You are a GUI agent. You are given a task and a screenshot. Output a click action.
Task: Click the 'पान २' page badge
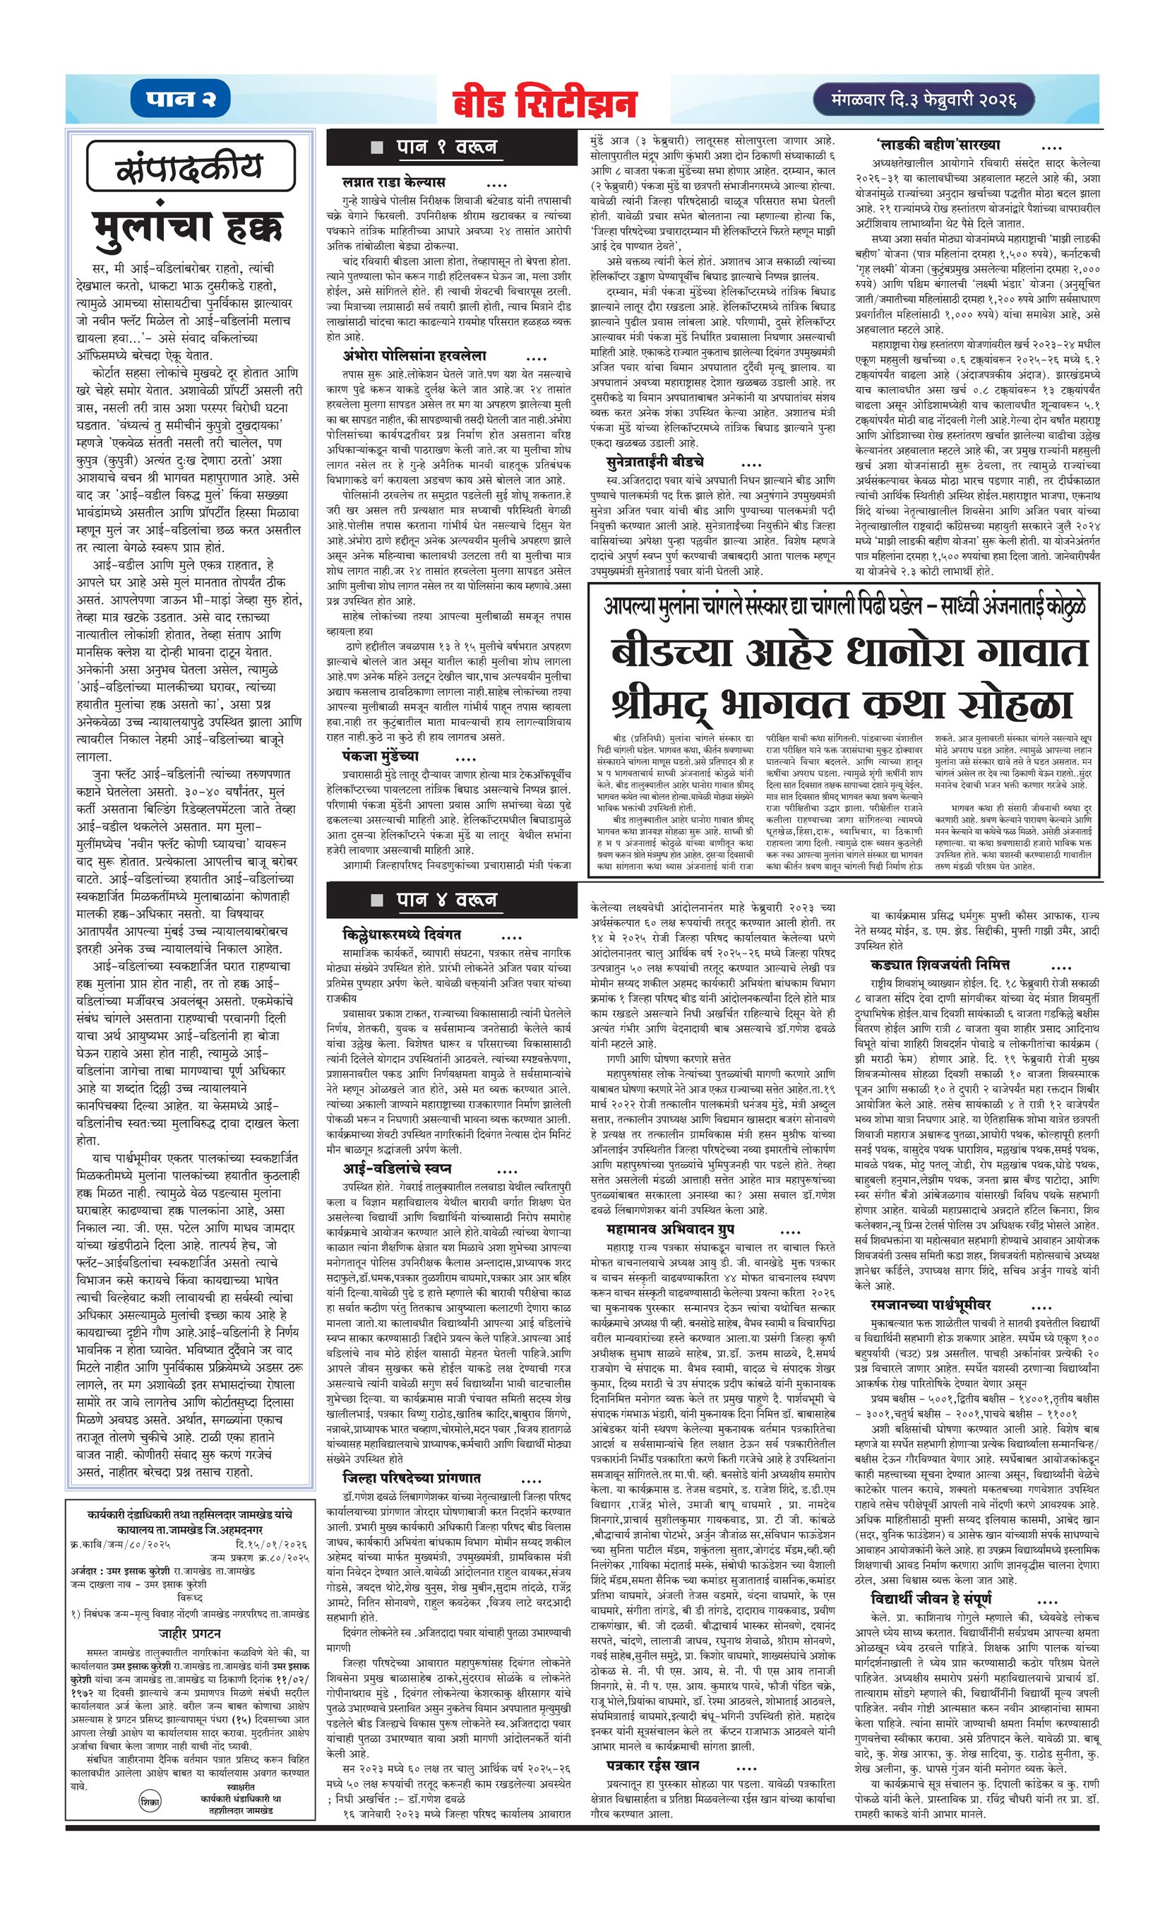pyautogui.click(x=184, y=100)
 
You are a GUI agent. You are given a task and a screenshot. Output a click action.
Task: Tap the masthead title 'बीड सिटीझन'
pyautogui.click(x=545, y=103)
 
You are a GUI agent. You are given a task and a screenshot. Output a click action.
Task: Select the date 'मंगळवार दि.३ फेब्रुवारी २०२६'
pyautogui.click(x=914, y=100)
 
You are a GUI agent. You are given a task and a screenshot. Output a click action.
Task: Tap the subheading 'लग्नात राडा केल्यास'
pyautogui.click(x=395, y=184)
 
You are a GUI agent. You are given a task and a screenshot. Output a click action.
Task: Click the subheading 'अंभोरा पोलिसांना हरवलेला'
pyautogui.click(x=415, y=356)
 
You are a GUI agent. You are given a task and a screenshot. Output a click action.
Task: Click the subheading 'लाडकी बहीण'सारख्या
pyautogui.click(x=938, y=145)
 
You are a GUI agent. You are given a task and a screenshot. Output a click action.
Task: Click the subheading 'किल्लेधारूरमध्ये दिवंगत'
pyautogui.click(x=402, y=935)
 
